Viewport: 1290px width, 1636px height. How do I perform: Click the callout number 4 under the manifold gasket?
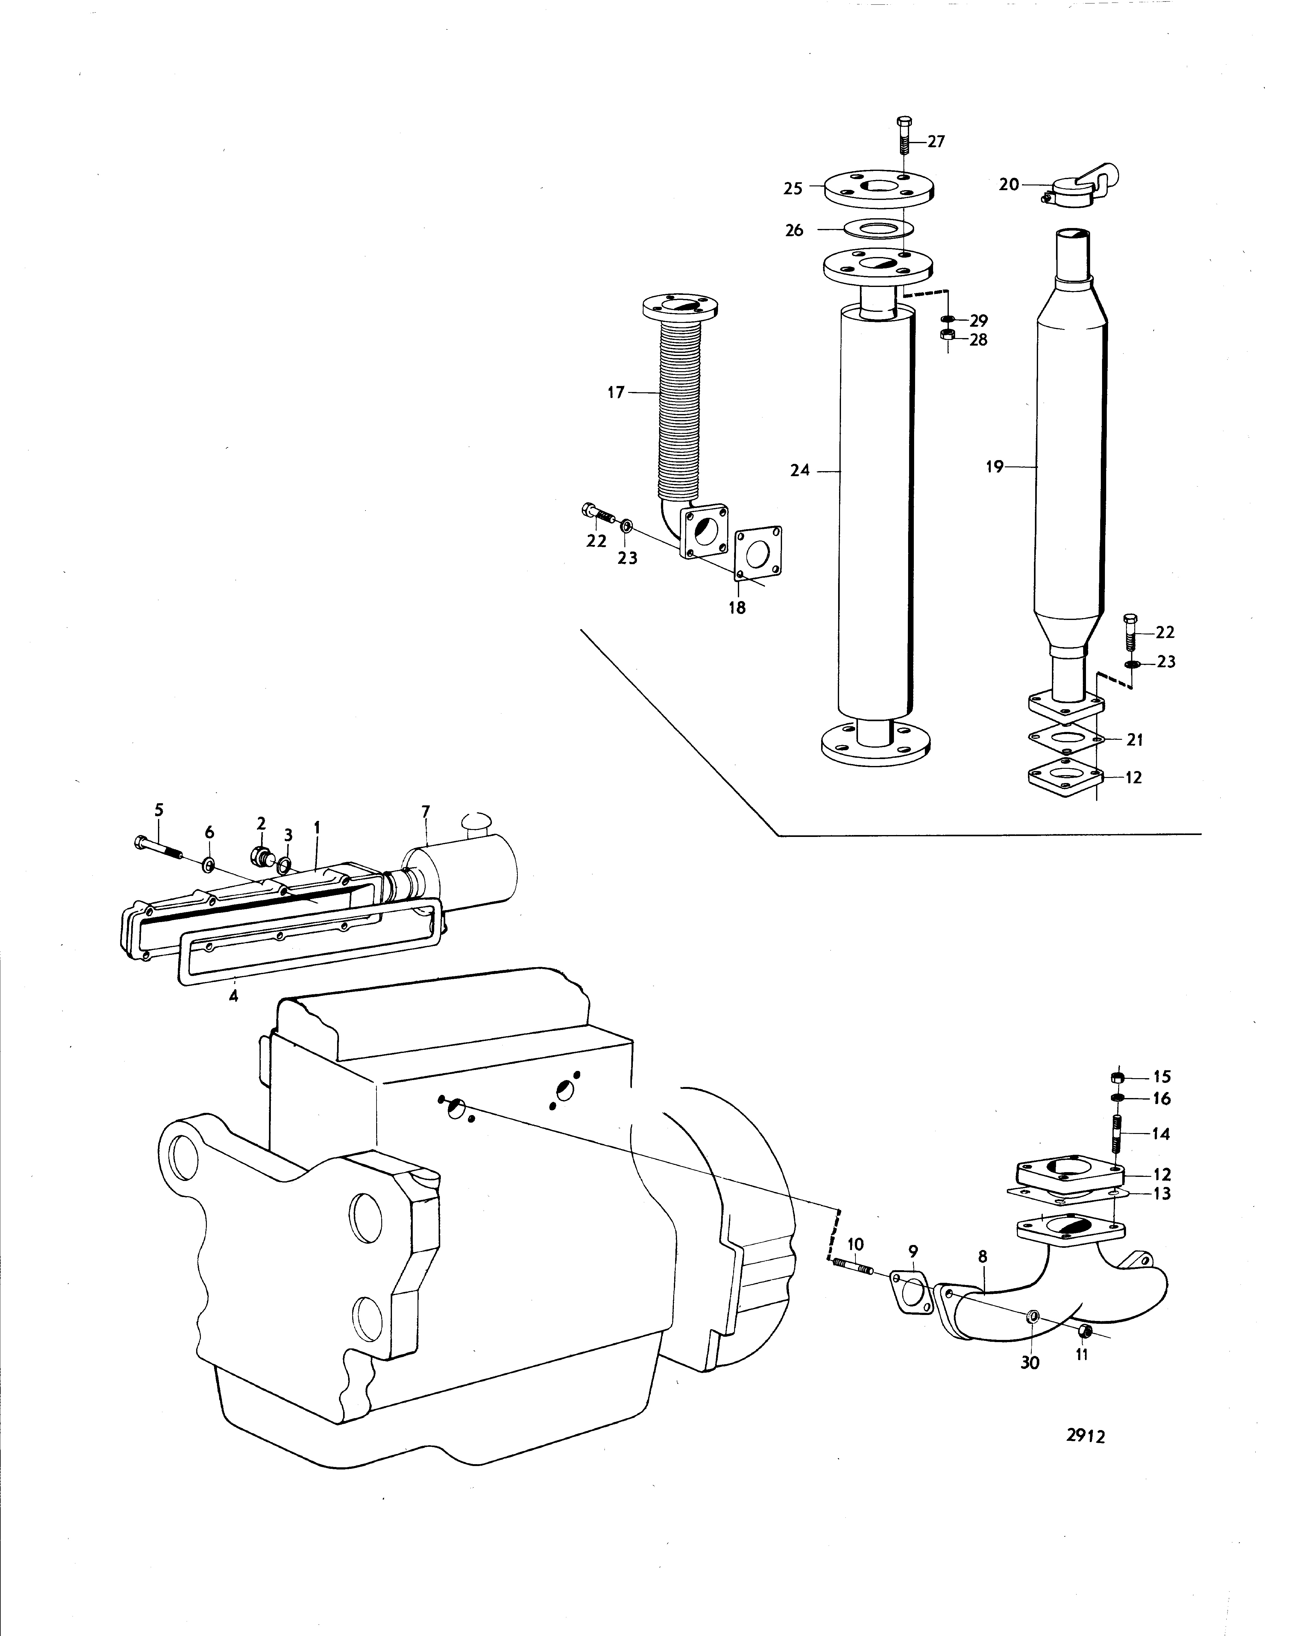tap(233, 996)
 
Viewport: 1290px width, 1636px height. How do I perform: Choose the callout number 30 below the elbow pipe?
tap(1030, 1362)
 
